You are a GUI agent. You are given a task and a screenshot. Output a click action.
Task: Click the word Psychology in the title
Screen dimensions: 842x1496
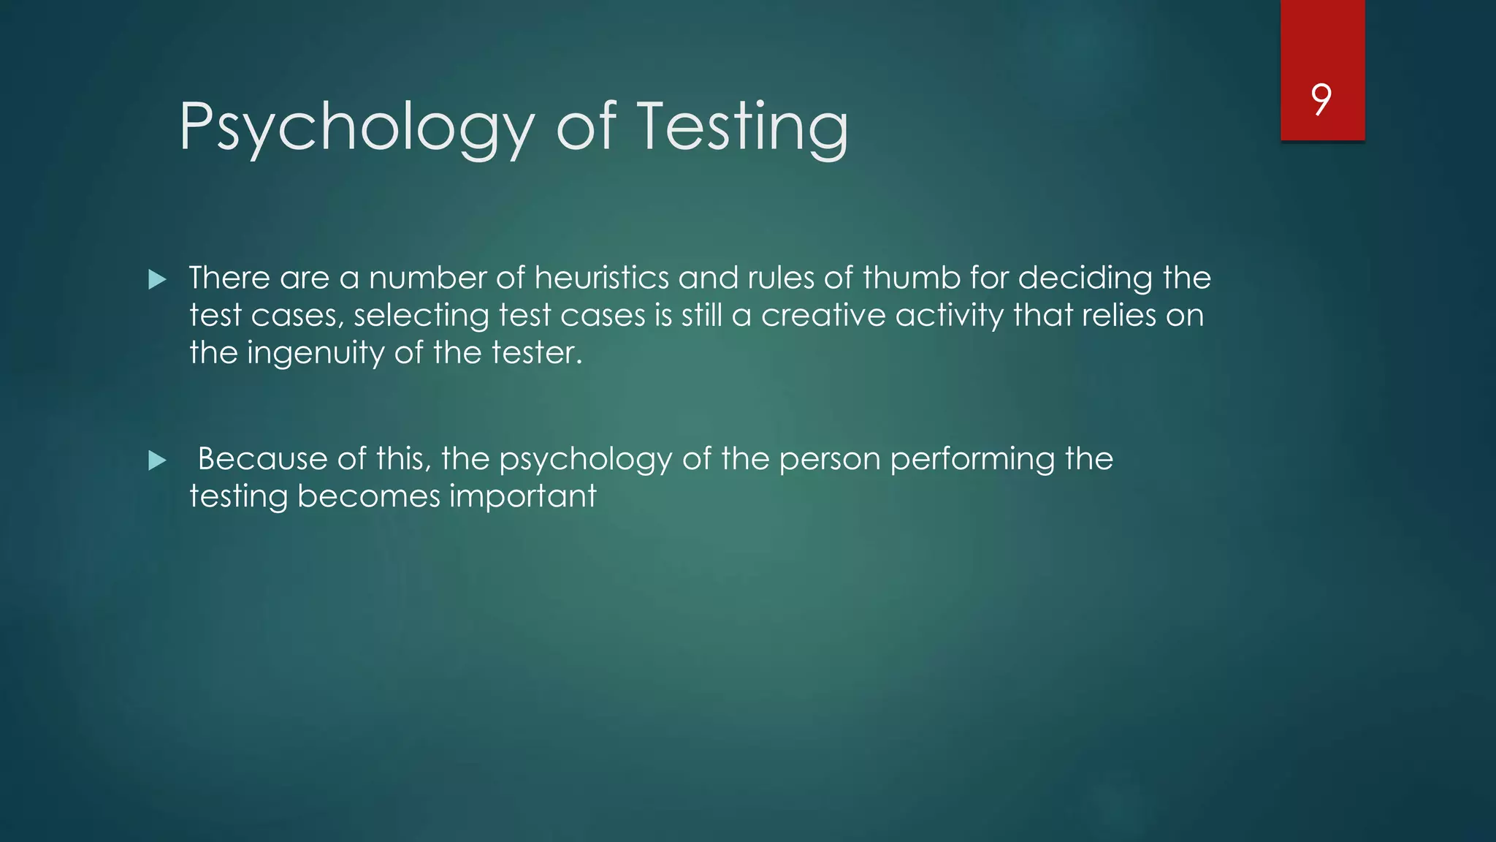click(x=357, y=128)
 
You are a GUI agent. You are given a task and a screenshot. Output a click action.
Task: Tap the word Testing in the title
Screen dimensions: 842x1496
click(x=743, y=128)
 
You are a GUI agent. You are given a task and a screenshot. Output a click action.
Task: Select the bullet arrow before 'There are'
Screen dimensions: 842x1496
click(x=157, y=279)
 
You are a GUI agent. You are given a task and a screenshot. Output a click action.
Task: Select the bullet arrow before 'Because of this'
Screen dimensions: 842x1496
click(x=157, y=460)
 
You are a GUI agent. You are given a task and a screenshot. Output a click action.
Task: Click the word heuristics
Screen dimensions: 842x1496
click(x=601, y=278)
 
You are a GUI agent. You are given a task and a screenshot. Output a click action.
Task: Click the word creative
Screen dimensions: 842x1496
click(x=823, y=315)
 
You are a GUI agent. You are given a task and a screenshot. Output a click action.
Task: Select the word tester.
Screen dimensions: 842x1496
click(x=536, y=353)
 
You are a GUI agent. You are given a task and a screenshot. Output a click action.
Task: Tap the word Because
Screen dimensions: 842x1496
click(x=262, y=459)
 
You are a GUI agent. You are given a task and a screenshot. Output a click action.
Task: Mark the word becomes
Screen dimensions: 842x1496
click(x=369, y=496)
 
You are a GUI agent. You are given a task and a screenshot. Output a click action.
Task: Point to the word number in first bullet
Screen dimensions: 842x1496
click(x=427, y=278)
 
